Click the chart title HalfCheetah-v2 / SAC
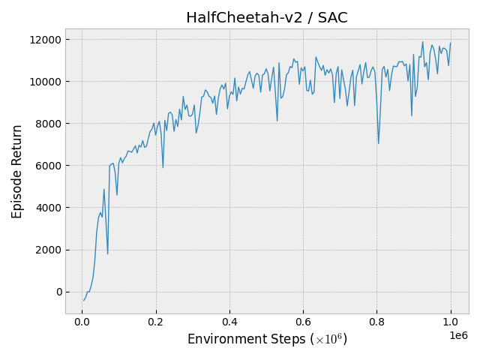[266, 17]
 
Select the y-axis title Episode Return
[17, 171]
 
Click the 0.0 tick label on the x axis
[82, 322]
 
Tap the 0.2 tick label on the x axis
[155, 322]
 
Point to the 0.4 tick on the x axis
[229, 322]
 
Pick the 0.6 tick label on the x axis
[303, 322]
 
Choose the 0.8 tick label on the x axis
[377, 322]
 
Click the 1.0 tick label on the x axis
[451, 322]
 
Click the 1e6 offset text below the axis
[458, 335]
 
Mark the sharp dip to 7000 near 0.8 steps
[378, 143]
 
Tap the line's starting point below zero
[84, 301]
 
